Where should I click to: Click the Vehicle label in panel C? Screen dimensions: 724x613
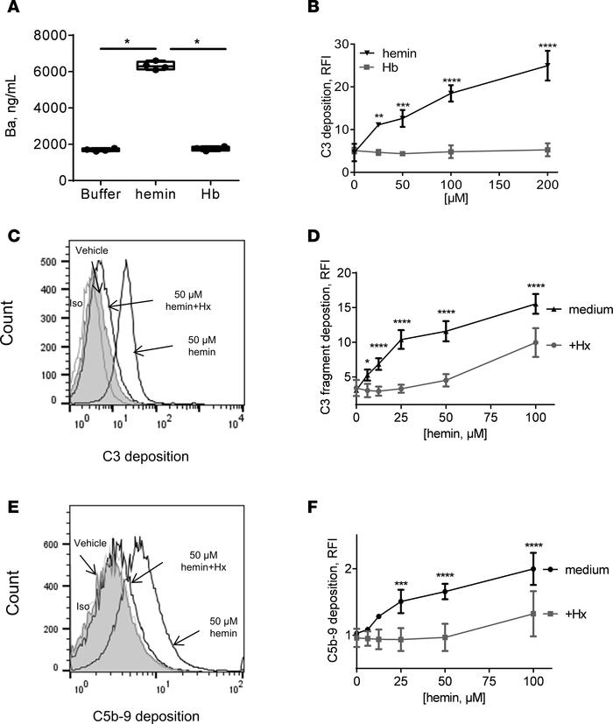(x=93, y=251)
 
